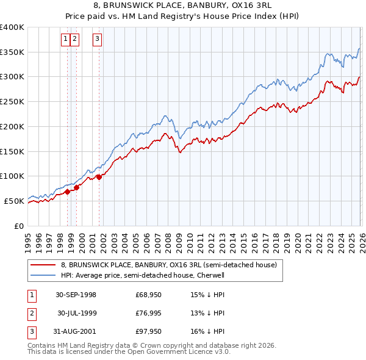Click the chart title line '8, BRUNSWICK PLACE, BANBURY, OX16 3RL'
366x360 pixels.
(x=182, y=5)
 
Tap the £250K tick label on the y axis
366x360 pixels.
(x=12, y=102)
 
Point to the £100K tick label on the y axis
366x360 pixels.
(x=12, y=176)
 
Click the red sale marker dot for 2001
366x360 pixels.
(x=99, y=178)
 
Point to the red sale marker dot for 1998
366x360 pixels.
(x=68, y=192)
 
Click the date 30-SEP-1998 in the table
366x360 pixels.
(x=76, y=295)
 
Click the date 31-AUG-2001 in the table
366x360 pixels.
(x=76, y=331)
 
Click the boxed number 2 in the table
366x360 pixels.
(x=31, y=313)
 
